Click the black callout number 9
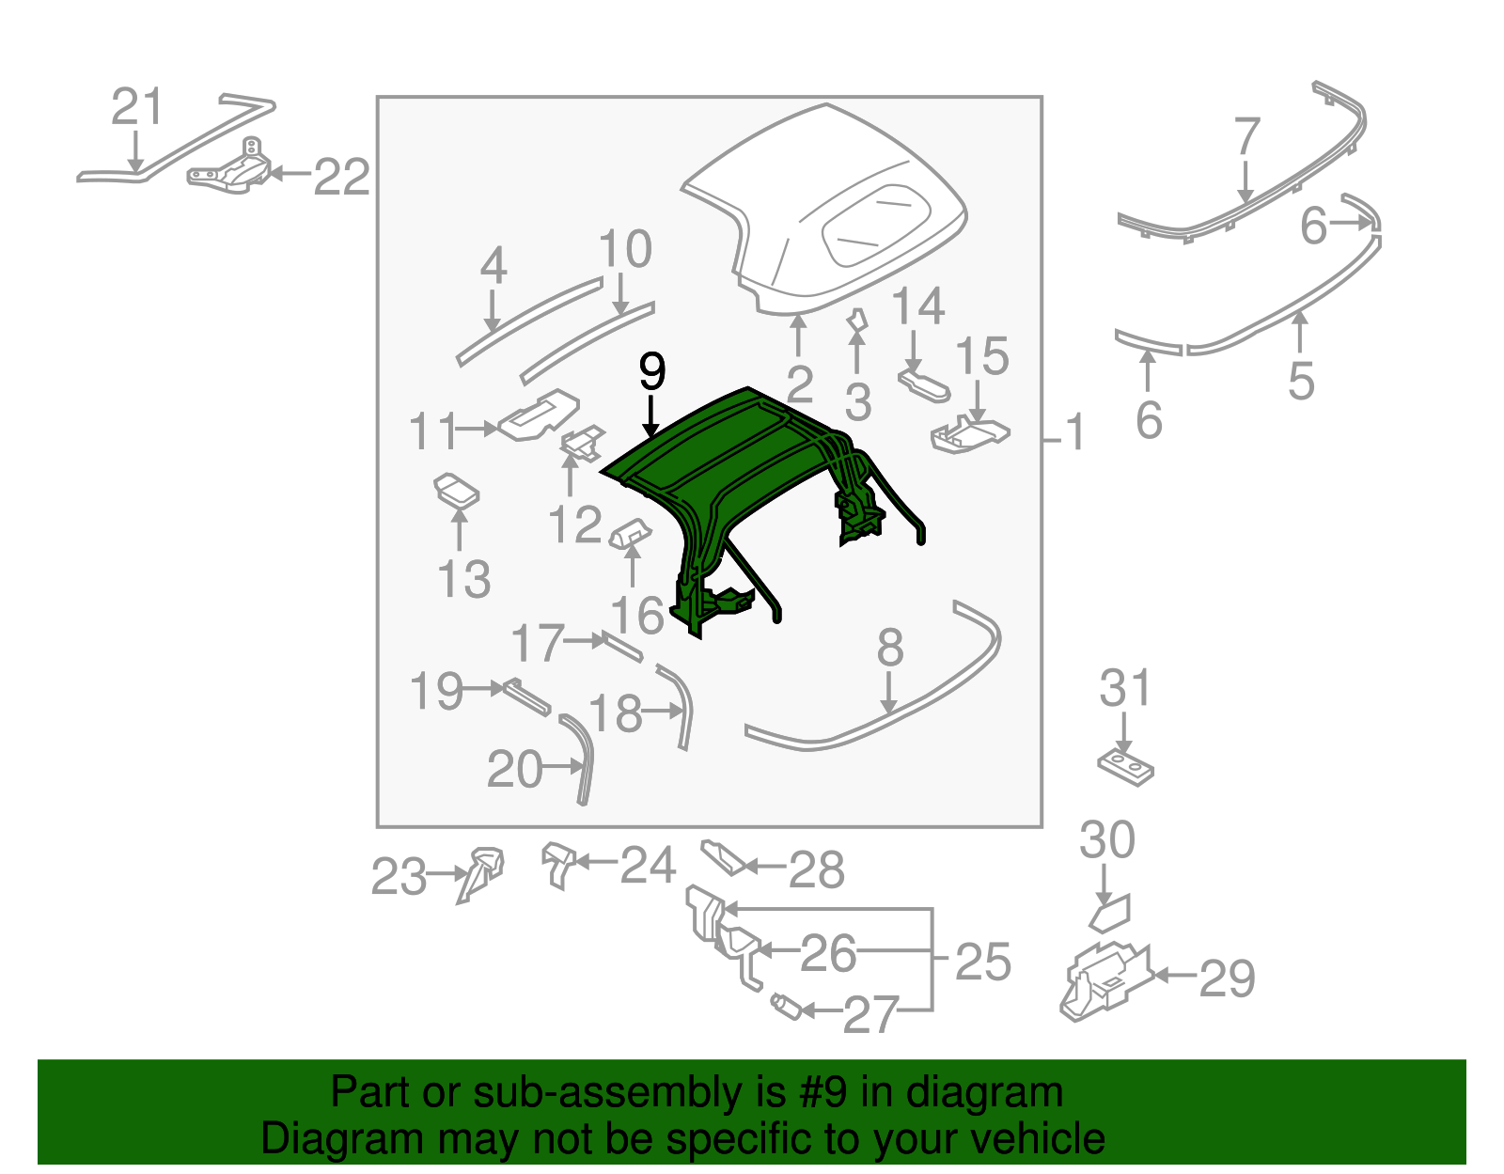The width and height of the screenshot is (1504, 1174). (x=651, y=372)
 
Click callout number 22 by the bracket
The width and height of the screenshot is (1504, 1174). (x=341, y=177)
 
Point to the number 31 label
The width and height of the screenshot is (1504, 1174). (x=1124, y=689)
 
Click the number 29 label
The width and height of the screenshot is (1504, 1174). (x=1227, y=978)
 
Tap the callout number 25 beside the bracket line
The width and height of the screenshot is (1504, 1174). (x=982, y=963)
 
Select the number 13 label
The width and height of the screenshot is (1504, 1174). (x=464, y=579)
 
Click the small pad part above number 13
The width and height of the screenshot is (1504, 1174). (x=457, y=490)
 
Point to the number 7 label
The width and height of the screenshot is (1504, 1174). (x=1246, y=137)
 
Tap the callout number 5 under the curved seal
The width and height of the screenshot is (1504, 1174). (x=1300, y=381)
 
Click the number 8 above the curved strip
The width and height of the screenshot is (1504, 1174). (x=889, y=648)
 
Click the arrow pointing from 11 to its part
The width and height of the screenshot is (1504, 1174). (x=478, y=429)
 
